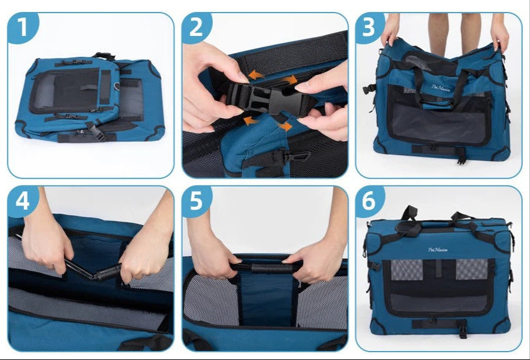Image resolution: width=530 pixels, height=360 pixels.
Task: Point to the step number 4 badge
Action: coord(22,201)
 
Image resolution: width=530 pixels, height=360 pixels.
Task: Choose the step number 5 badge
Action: coord(197,201)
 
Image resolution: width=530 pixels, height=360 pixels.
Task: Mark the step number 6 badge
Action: coord(370,201)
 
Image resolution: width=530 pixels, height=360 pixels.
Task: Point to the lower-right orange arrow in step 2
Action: coord(285,126)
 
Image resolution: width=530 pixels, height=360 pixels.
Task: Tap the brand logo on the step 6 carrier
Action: coord(438,250)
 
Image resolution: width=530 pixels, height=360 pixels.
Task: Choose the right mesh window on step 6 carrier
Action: coord(471,270)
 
